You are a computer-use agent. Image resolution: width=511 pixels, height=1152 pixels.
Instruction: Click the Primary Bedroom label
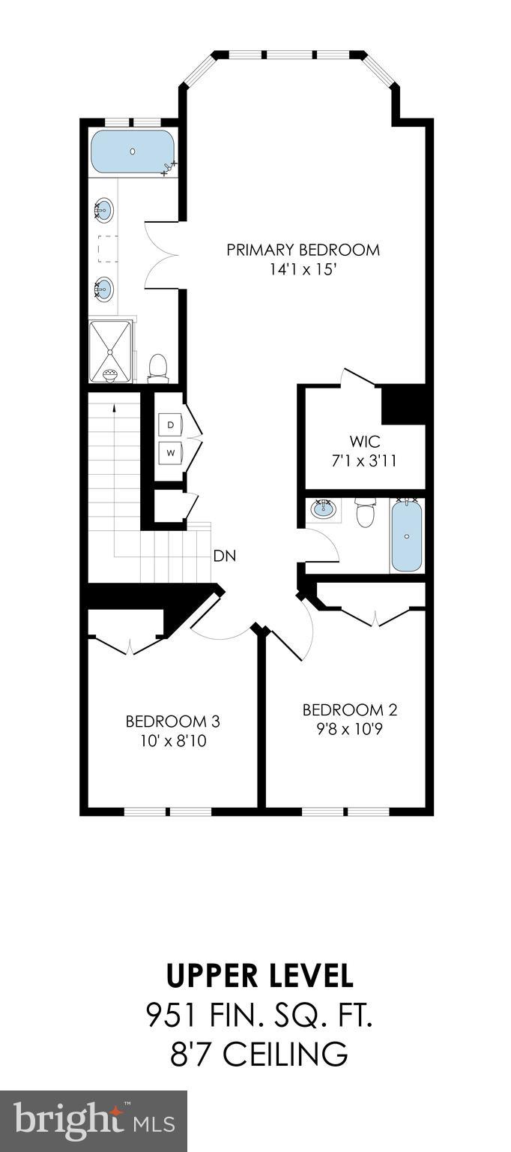303,250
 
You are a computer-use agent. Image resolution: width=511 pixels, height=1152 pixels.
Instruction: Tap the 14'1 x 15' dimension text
303,268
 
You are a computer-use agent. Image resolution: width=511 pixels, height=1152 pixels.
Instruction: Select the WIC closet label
365,441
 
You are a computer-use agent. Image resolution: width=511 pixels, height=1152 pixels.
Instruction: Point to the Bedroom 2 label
349,709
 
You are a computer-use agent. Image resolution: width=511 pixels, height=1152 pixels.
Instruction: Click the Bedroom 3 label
172,721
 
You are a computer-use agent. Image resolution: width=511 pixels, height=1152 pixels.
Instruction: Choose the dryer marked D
170,424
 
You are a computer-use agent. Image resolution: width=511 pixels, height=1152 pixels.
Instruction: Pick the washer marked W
170,452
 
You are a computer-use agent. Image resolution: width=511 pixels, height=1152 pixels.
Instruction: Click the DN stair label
226,556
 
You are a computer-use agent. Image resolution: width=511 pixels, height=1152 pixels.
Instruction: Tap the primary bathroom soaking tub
132,152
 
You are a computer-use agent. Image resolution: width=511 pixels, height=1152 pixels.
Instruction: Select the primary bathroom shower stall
111,350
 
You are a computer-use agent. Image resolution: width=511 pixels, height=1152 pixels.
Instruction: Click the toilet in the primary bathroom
157,366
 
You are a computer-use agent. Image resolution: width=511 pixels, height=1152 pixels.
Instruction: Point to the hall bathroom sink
324,510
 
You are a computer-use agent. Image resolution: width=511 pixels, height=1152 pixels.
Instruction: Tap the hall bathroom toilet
364,513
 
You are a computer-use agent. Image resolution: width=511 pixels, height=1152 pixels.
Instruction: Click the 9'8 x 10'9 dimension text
349,727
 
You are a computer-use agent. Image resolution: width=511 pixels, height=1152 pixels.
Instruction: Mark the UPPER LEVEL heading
259,976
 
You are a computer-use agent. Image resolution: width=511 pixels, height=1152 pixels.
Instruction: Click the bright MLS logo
93,1121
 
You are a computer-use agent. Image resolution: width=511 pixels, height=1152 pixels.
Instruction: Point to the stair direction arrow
114,409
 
